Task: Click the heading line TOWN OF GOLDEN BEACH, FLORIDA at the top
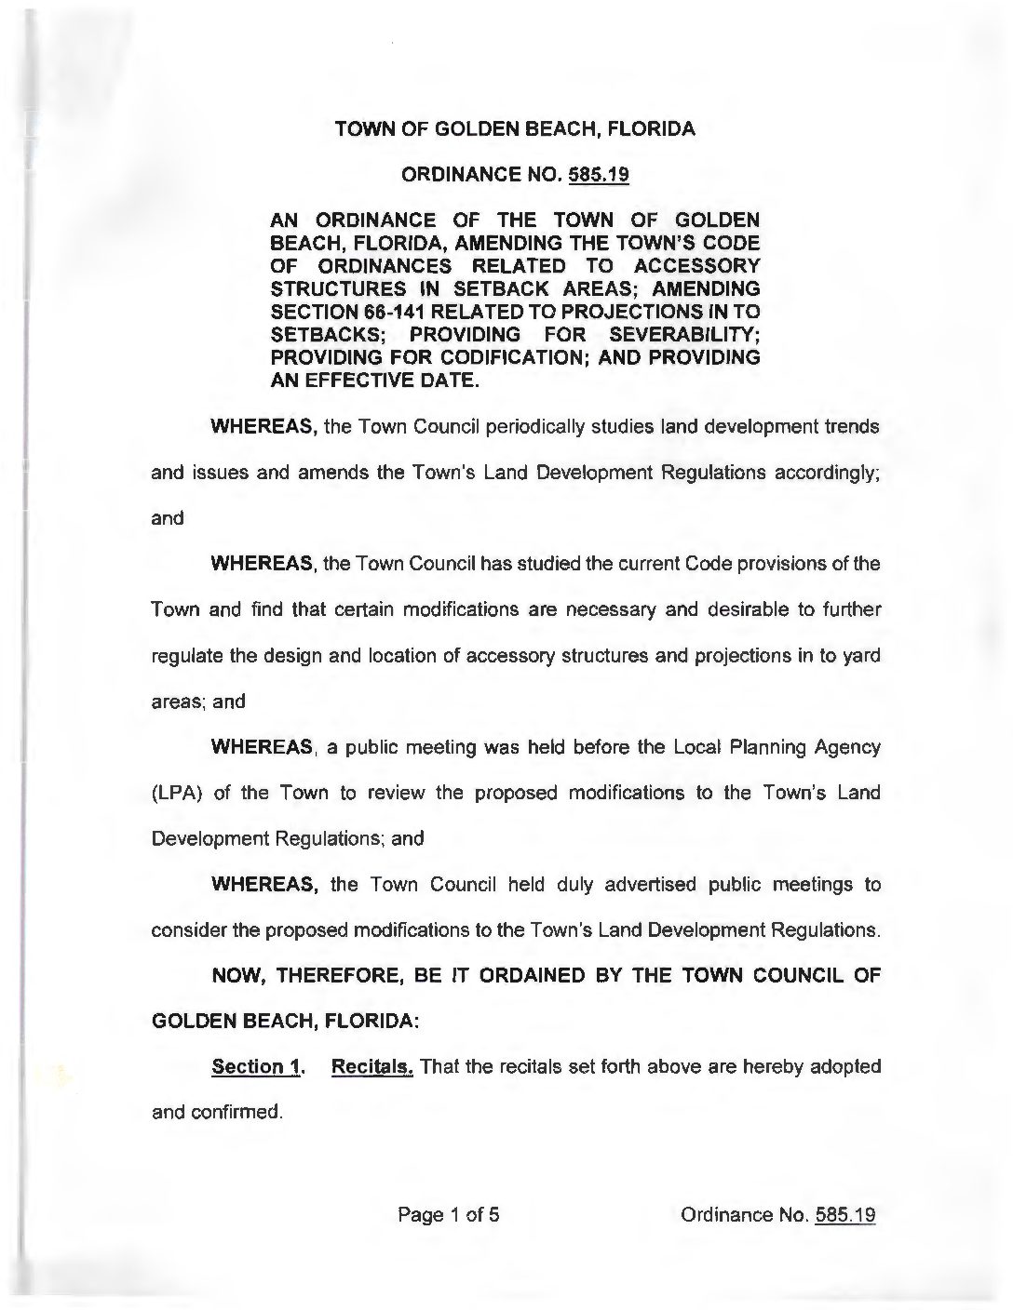[x=515, y=129]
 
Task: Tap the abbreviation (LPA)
[x=177, y=793]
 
